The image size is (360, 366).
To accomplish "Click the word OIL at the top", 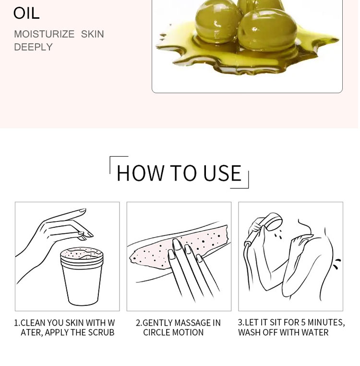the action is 26,13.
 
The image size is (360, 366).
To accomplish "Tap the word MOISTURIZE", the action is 44,34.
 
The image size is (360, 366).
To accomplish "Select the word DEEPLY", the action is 34,47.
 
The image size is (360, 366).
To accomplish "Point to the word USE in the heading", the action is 222,173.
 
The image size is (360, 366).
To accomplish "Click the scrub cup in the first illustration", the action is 82,276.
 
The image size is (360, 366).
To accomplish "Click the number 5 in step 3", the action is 303,322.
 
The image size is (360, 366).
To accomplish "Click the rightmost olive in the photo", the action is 267,29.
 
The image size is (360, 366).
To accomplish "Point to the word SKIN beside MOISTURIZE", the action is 92,34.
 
